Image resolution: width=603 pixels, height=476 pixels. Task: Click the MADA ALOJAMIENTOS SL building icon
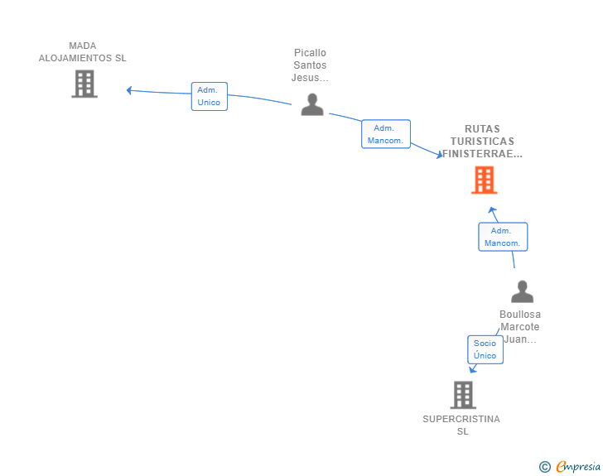(84, 84)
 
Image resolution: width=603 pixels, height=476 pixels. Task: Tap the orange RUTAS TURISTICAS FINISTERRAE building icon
(484, 180)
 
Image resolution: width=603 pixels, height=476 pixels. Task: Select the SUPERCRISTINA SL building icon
(463, 395)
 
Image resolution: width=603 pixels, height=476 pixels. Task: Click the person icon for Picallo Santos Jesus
(312, 104)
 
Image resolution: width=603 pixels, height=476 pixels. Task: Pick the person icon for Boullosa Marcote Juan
(522, 291)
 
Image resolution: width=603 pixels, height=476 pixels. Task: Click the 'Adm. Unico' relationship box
(209, 96)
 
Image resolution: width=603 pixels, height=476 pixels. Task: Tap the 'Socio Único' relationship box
(485, 349)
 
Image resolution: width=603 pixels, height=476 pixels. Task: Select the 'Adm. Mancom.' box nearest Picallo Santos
(386, 134)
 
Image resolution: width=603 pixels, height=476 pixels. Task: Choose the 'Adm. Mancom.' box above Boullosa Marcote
(503, 237)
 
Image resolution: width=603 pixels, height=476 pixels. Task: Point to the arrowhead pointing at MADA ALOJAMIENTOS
(130, 90)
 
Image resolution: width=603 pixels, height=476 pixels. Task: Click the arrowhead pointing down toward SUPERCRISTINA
(473, 369)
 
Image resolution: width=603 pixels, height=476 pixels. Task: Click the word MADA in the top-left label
(83, 46)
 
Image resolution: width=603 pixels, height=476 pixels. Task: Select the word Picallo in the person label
(310, 53)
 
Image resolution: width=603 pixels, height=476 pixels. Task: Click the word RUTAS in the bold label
(482, 129)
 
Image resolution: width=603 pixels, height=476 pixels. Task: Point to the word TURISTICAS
(482, 142)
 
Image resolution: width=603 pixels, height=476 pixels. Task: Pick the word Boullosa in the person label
(520, 315)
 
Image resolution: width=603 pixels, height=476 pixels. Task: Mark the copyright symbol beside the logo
(544, 467)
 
